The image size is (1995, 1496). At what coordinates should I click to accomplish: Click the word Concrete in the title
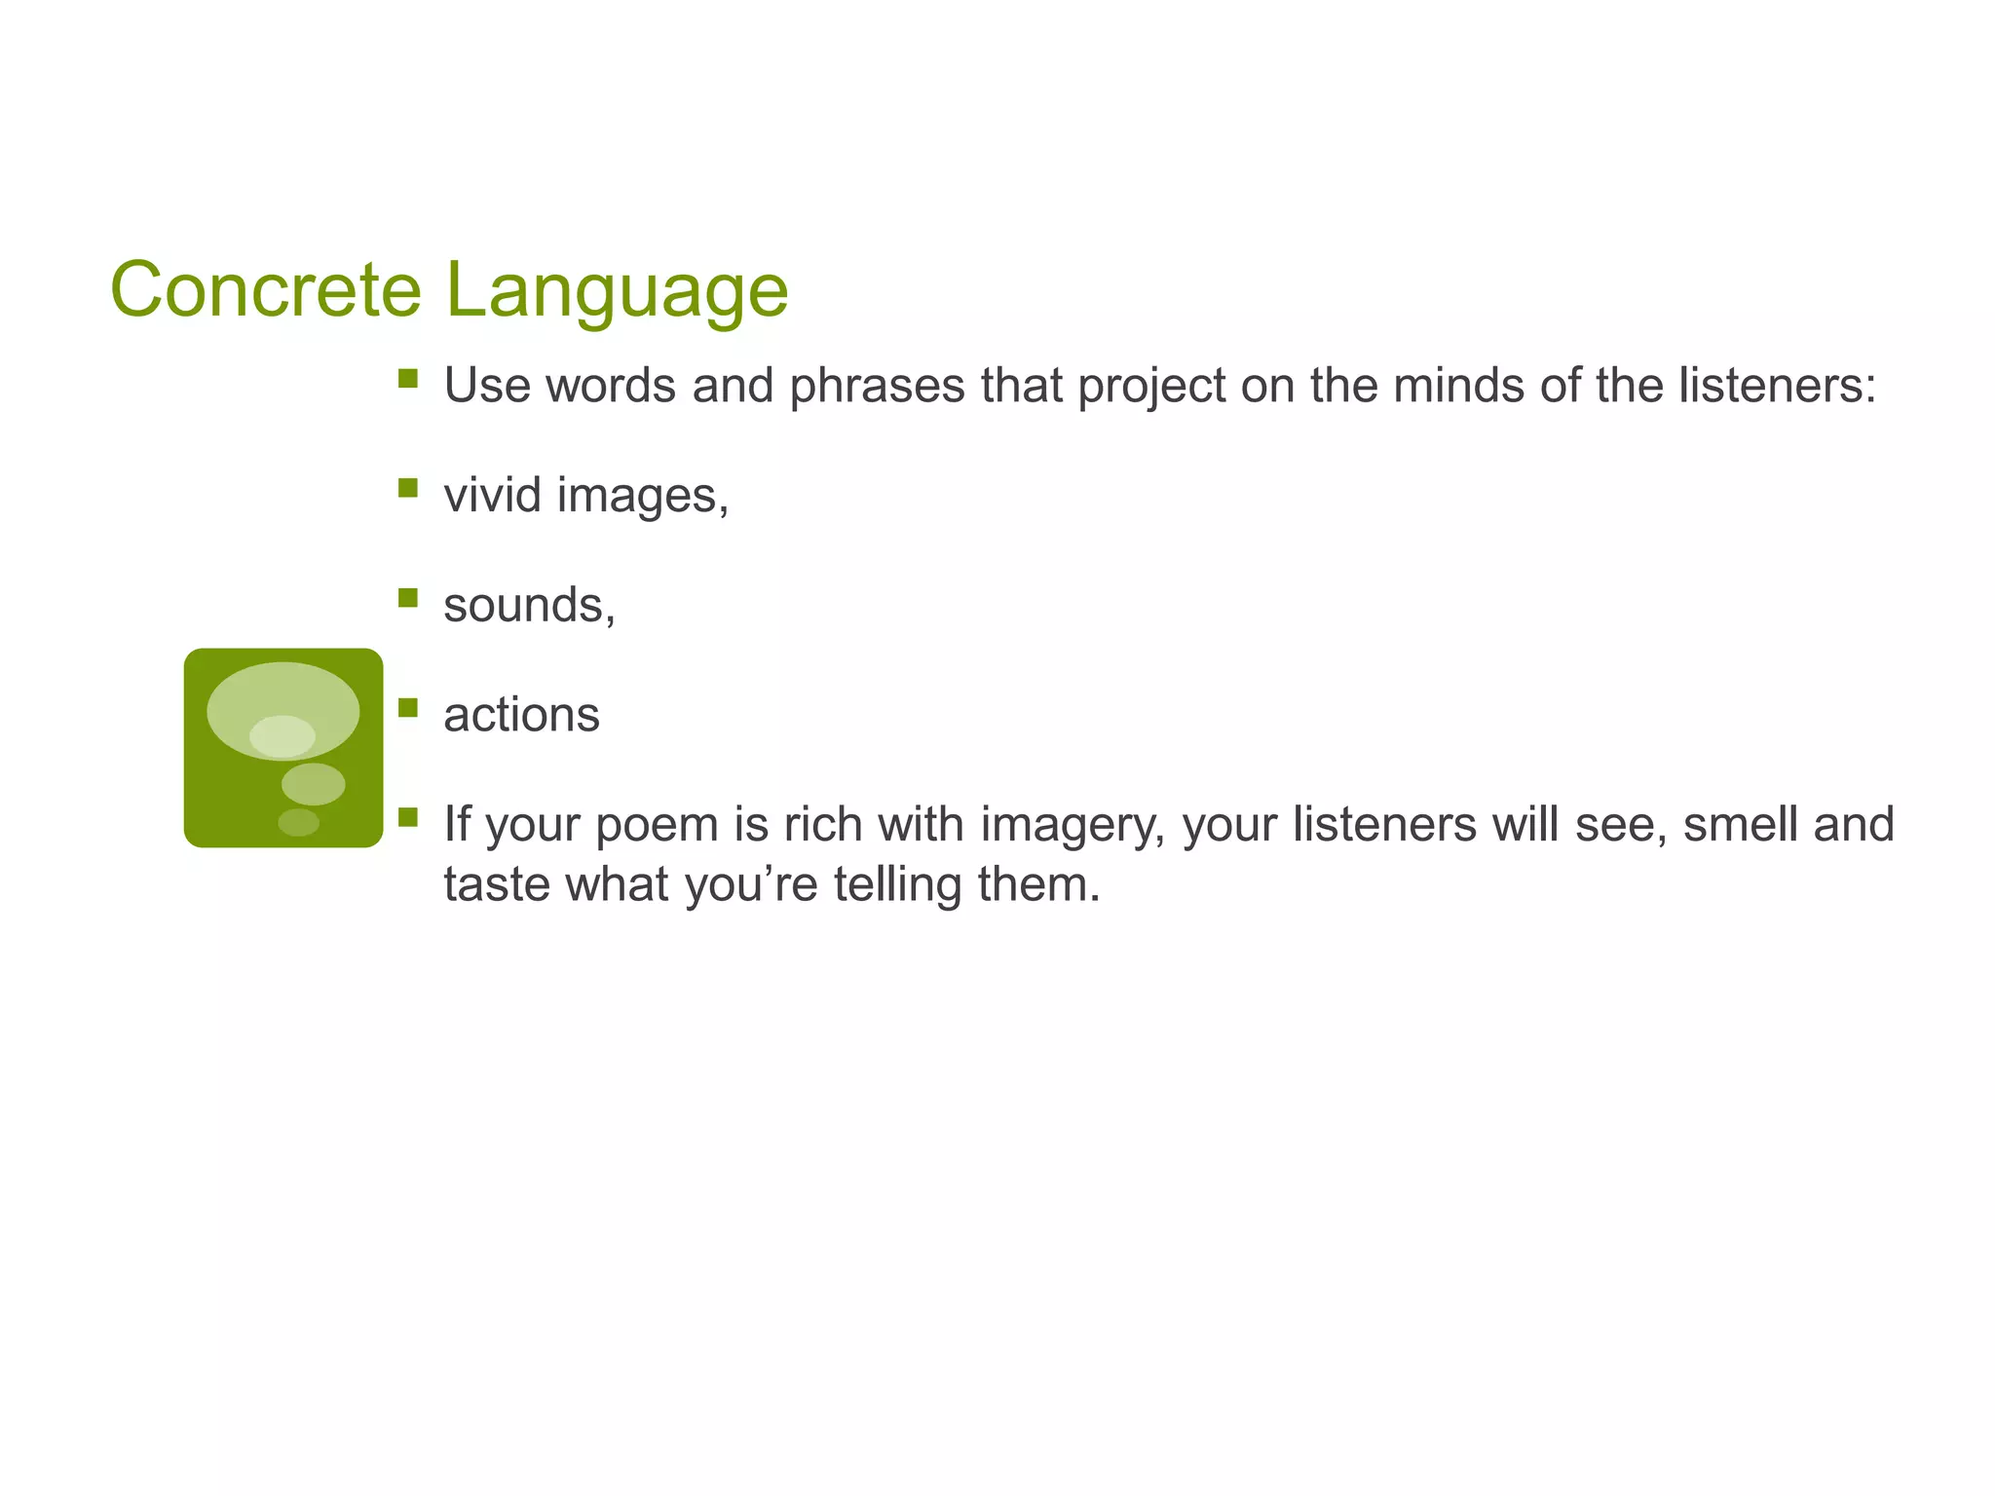pos(265,289)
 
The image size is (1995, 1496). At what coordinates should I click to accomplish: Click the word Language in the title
pos(617,291)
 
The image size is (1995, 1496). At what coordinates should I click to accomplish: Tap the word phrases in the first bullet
pos(878,386)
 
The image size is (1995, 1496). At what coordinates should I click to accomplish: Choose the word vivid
pos(492,495)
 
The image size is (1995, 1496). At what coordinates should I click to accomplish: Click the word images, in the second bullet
pos(643,496)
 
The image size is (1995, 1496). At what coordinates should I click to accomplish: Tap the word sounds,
pos(529,605)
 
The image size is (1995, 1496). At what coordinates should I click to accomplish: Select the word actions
pos(521,715)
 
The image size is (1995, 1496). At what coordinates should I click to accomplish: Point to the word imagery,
pos(1072,825)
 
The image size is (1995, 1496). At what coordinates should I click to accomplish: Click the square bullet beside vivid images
pos(408,487)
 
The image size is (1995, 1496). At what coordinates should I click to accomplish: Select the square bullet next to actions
pos(408,707)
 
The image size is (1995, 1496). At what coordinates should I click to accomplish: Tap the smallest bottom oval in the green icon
pos(298,822)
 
